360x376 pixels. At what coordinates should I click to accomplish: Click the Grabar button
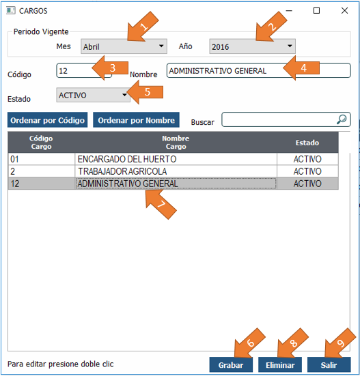point(231,364)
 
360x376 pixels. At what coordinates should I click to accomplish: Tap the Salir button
point(329,364)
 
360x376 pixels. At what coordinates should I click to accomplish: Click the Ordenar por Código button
point(47,120)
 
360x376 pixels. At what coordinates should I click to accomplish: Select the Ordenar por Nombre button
point(136,120)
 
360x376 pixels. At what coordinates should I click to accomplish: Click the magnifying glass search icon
point(342,119)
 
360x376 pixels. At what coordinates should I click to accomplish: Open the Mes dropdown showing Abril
point(124,46)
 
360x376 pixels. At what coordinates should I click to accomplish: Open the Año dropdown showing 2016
point(252,46)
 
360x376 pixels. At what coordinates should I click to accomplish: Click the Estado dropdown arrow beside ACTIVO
point(124,95)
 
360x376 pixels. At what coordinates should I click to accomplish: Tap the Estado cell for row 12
point(307,184)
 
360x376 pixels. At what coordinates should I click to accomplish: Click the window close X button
point(345,10)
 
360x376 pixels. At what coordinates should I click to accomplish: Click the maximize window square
point(316,10)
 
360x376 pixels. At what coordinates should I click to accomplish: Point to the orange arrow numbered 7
point(161,204)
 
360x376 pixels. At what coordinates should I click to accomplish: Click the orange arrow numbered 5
point(145,92)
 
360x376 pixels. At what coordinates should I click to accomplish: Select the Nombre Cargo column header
point(176,143)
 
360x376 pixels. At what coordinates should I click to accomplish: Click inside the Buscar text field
point(279,119)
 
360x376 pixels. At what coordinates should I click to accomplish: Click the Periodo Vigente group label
point(41,31)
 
